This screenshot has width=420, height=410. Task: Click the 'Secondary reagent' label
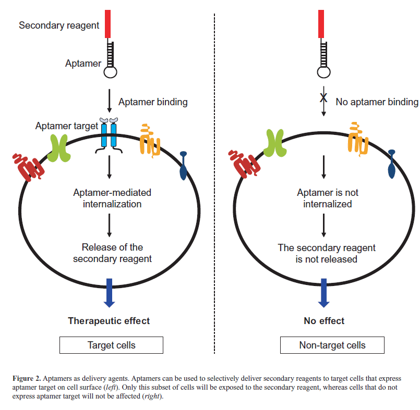point(59,25)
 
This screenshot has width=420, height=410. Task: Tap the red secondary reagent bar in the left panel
point(108,23)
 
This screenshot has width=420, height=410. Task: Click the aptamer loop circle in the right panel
point(323,71)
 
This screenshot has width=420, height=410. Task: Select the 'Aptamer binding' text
point(153,102)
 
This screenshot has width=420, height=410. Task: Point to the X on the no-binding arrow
point(323,97)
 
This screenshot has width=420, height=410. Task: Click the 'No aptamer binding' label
point(377,102)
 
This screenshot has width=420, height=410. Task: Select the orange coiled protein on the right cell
point(358,140)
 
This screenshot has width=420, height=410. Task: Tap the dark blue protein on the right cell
point(392,164)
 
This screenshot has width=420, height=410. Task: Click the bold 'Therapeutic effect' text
point(109,321)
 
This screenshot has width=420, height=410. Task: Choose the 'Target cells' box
point(111,345)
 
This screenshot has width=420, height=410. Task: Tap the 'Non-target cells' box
point(332,345)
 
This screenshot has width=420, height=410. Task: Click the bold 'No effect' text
point(324,321)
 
